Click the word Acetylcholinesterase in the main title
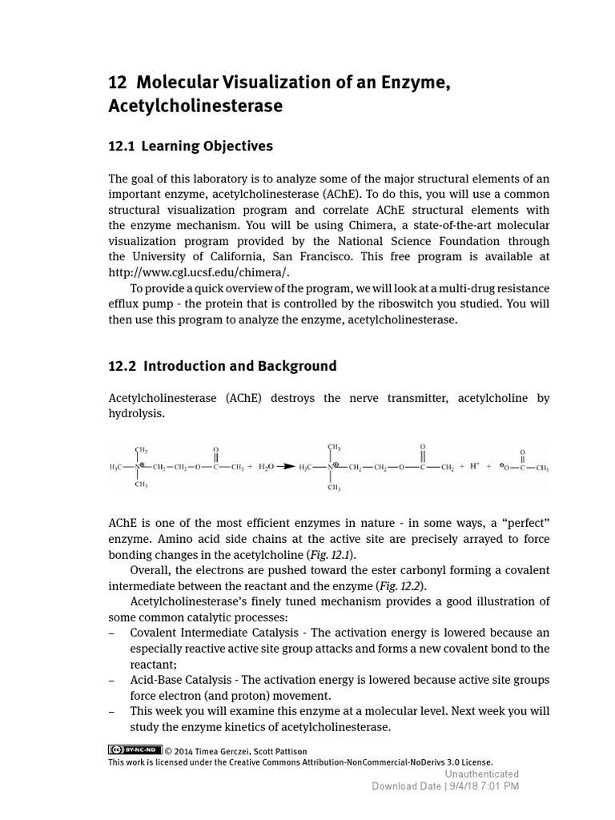[x=195, y=106]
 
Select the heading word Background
[x=297, y=367]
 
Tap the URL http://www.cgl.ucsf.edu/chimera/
[x=198, y=272]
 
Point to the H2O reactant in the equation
[x=265, y=467]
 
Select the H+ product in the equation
[x=475, y=467]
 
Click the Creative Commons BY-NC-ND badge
[x=135, y=750]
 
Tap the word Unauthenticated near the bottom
[x=481, y=774]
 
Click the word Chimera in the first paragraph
[x=337, y=226]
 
